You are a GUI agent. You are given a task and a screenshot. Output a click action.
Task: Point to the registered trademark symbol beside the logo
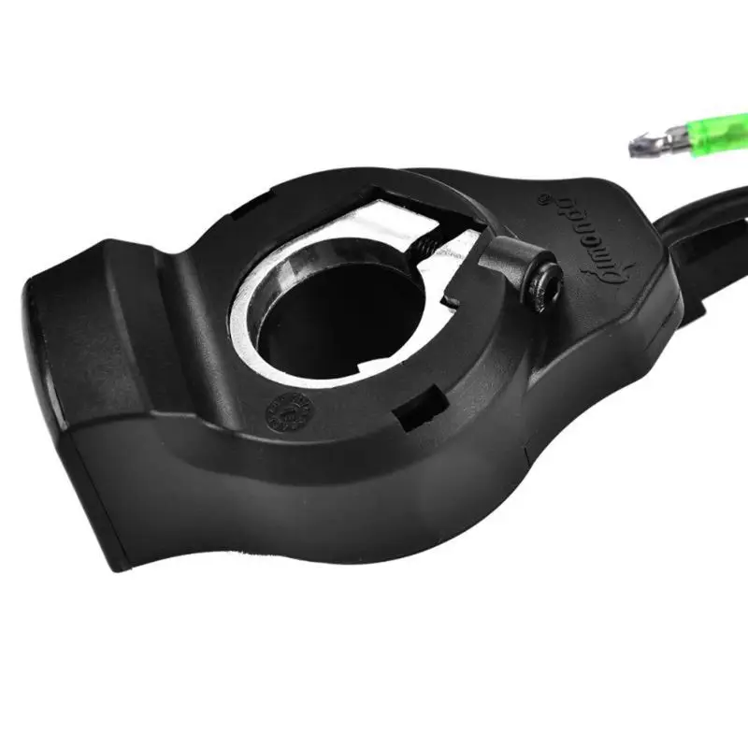click(546, 197)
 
